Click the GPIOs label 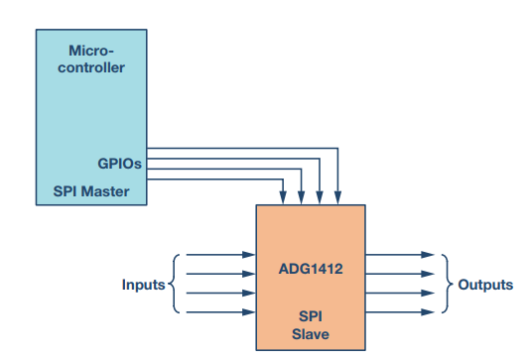(x=118, y=164)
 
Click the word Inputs (x=143, y=285)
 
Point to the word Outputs (x=485, y=284)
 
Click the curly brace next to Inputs (x=175, y=284)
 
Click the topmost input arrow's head (x=250, y=255)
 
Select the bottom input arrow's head (x=250, y=312)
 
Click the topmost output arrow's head (x=429, y=255)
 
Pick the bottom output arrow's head (x=429, y=312)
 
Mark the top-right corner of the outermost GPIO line (x=338, y=150)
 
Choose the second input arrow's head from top (x=250, y=274)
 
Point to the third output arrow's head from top (x=429, y=294)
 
